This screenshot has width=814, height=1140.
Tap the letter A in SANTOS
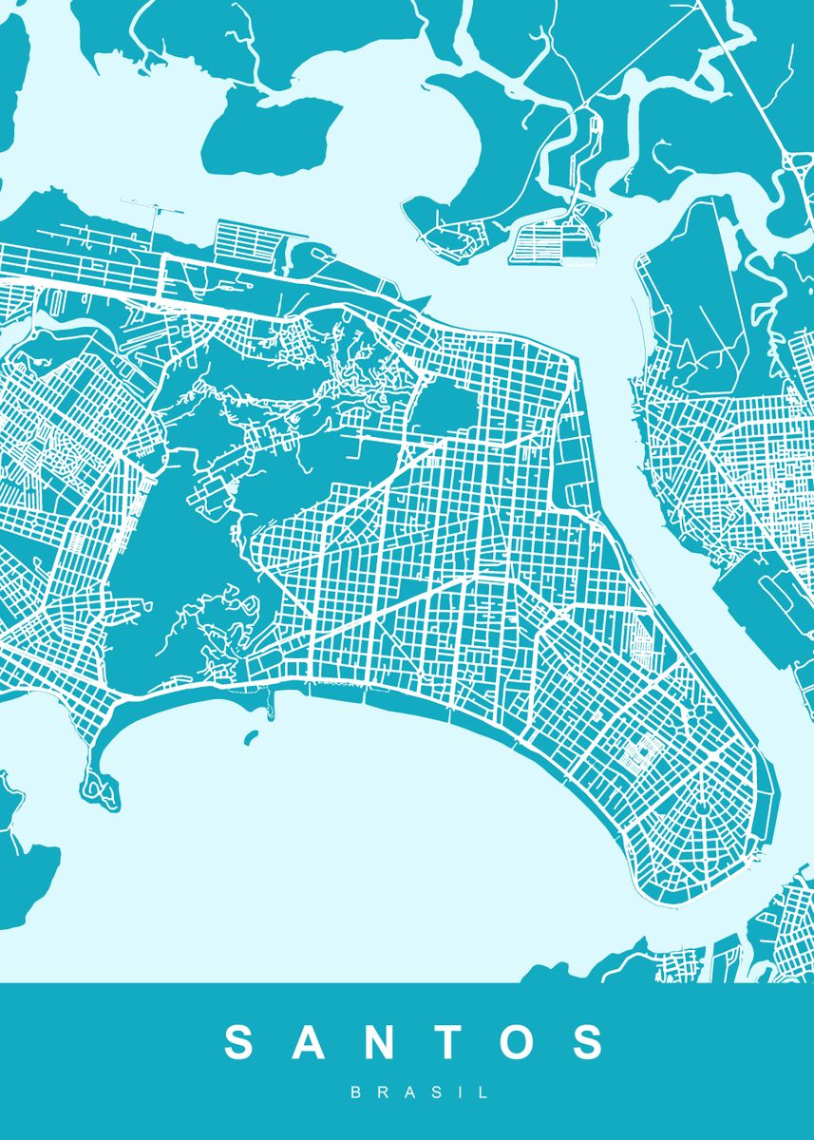pyautogui.click(x=312, y=1042)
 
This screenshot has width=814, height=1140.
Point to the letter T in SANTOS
pyautogui.click(x=446, y=1042)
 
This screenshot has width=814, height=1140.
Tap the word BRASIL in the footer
pyautogui.click(x=420, y=1093)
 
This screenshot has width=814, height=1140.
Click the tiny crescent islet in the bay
pyautogui.click(x=251, y=737)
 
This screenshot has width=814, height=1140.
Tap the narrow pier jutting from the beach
pyautogui.click(x=274, y=703)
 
